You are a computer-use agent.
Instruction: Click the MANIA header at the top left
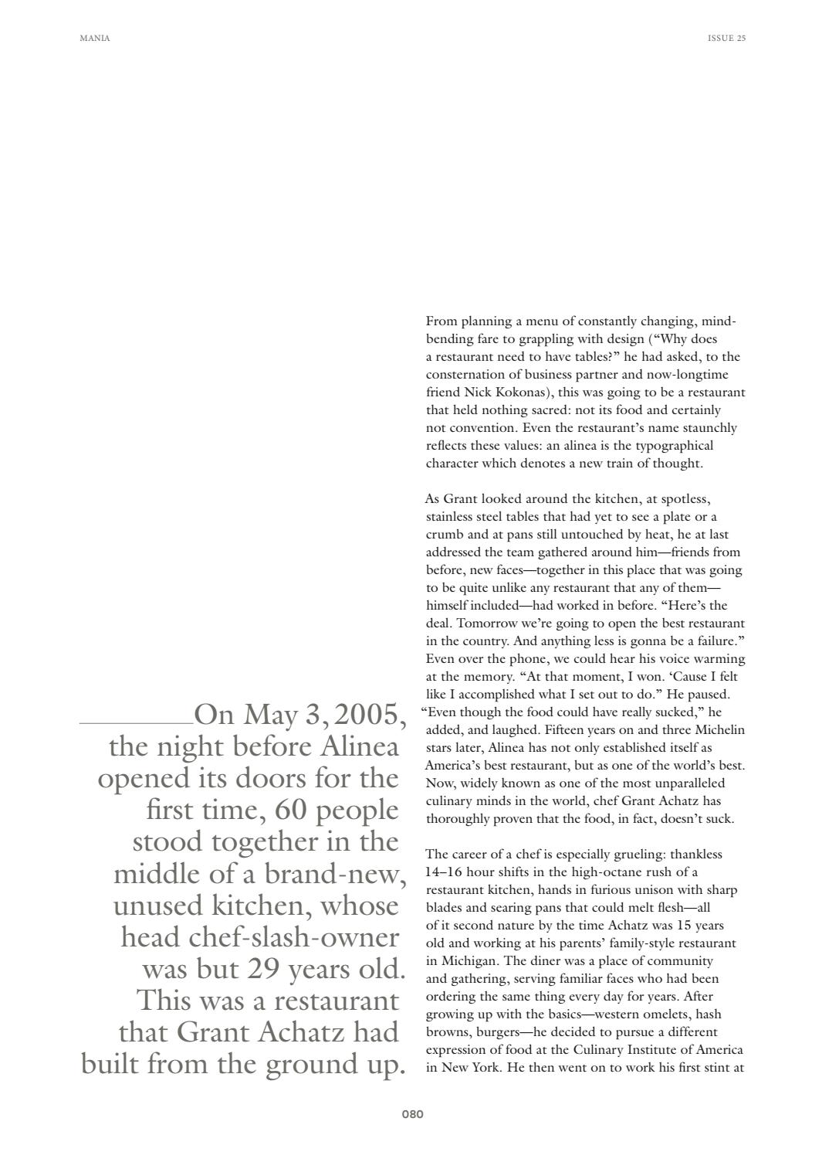coord(95,38)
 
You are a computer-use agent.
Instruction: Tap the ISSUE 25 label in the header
coord(726,38)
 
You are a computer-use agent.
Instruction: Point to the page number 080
coord(412,1114)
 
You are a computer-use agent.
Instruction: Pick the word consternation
coord(465,375)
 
